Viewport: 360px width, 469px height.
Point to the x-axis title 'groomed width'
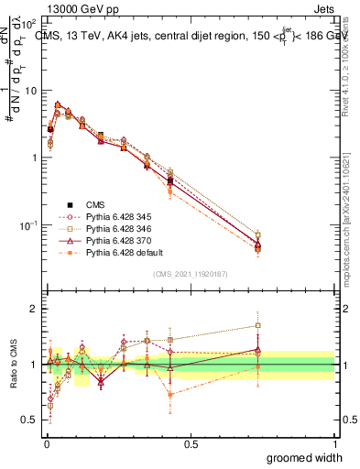point(305,457)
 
